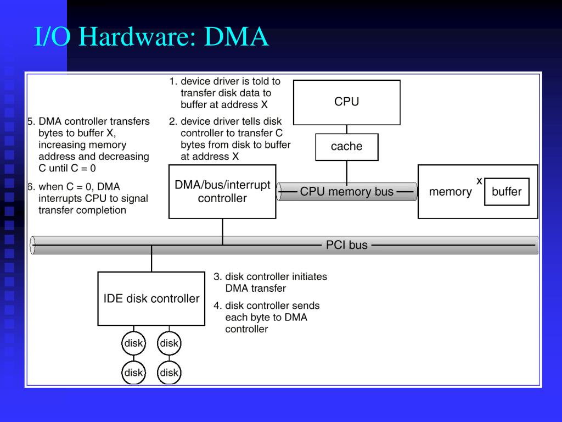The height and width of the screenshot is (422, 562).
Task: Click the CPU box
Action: (347, 102)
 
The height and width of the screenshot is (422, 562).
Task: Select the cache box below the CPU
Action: (347, 147)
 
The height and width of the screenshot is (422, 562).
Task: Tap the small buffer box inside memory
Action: (507, 192)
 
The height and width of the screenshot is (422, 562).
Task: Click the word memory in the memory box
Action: (450, 192)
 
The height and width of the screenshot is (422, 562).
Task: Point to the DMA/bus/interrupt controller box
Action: (222, 192)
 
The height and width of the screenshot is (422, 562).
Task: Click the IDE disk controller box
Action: (151, 298)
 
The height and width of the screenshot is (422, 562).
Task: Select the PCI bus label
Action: (347, 245)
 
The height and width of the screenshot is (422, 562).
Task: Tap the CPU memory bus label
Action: (347, 192)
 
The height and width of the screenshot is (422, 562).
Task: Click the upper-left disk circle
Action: (133, 343)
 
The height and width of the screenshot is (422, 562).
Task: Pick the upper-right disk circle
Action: (169, 343)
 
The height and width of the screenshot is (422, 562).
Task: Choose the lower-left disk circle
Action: (133, 373)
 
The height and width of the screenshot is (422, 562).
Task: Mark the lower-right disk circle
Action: (169, 373)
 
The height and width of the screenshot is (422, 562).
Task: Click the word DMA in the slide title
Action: (236, 37)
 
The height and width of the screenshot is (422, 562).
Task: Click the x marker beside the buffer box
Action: (479, 181)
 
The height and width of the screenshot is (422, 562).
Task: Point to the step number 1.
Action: (173, 81)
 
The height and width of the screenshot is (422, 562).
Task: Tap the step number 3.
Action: (217, 277)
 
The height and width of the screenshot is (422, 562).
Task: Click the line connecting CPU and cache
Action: (347, 129)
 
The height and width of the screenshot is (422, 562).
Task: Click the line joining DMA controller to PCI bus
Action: (223, 231)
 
